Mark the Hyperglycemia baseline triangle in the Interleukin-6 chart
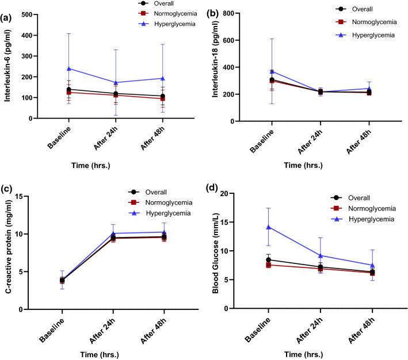click(x=69, y=68)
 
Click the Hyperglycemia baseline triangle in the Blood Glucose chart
click(x=269, y=227)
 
